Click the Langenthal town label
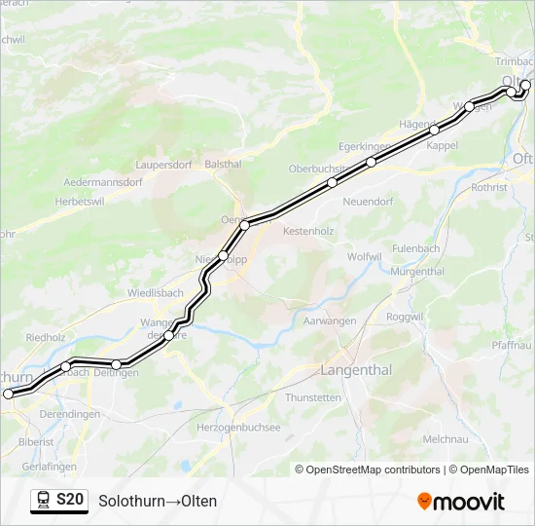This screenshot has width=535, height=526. coord(356,370)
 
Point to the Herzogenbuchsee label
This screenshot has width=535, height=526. coord(238,428)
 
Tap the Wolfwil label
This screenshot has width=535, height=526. coord(365,256)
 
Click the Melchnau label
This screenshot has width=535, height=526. coord(446,439)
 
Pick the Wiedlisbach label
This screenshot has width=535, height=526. coord(155,292)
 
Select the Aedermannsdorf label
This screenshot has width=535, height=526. coord(102,182)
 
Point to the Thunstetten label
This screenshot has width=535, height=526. coord(313,397)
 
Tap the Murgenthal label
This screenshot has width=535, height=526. coord(417,272)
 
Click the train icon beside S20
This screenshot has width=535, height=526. coord(44,501)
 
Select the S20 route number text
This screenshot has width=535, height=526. coord(70,501)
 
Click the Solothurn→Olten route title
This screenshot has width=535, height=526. coord(158,502)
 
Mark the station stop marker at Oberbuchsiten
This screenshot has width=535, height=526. coord(332,182)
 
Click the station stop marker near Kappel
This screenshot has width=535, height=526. coord(434,130)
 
